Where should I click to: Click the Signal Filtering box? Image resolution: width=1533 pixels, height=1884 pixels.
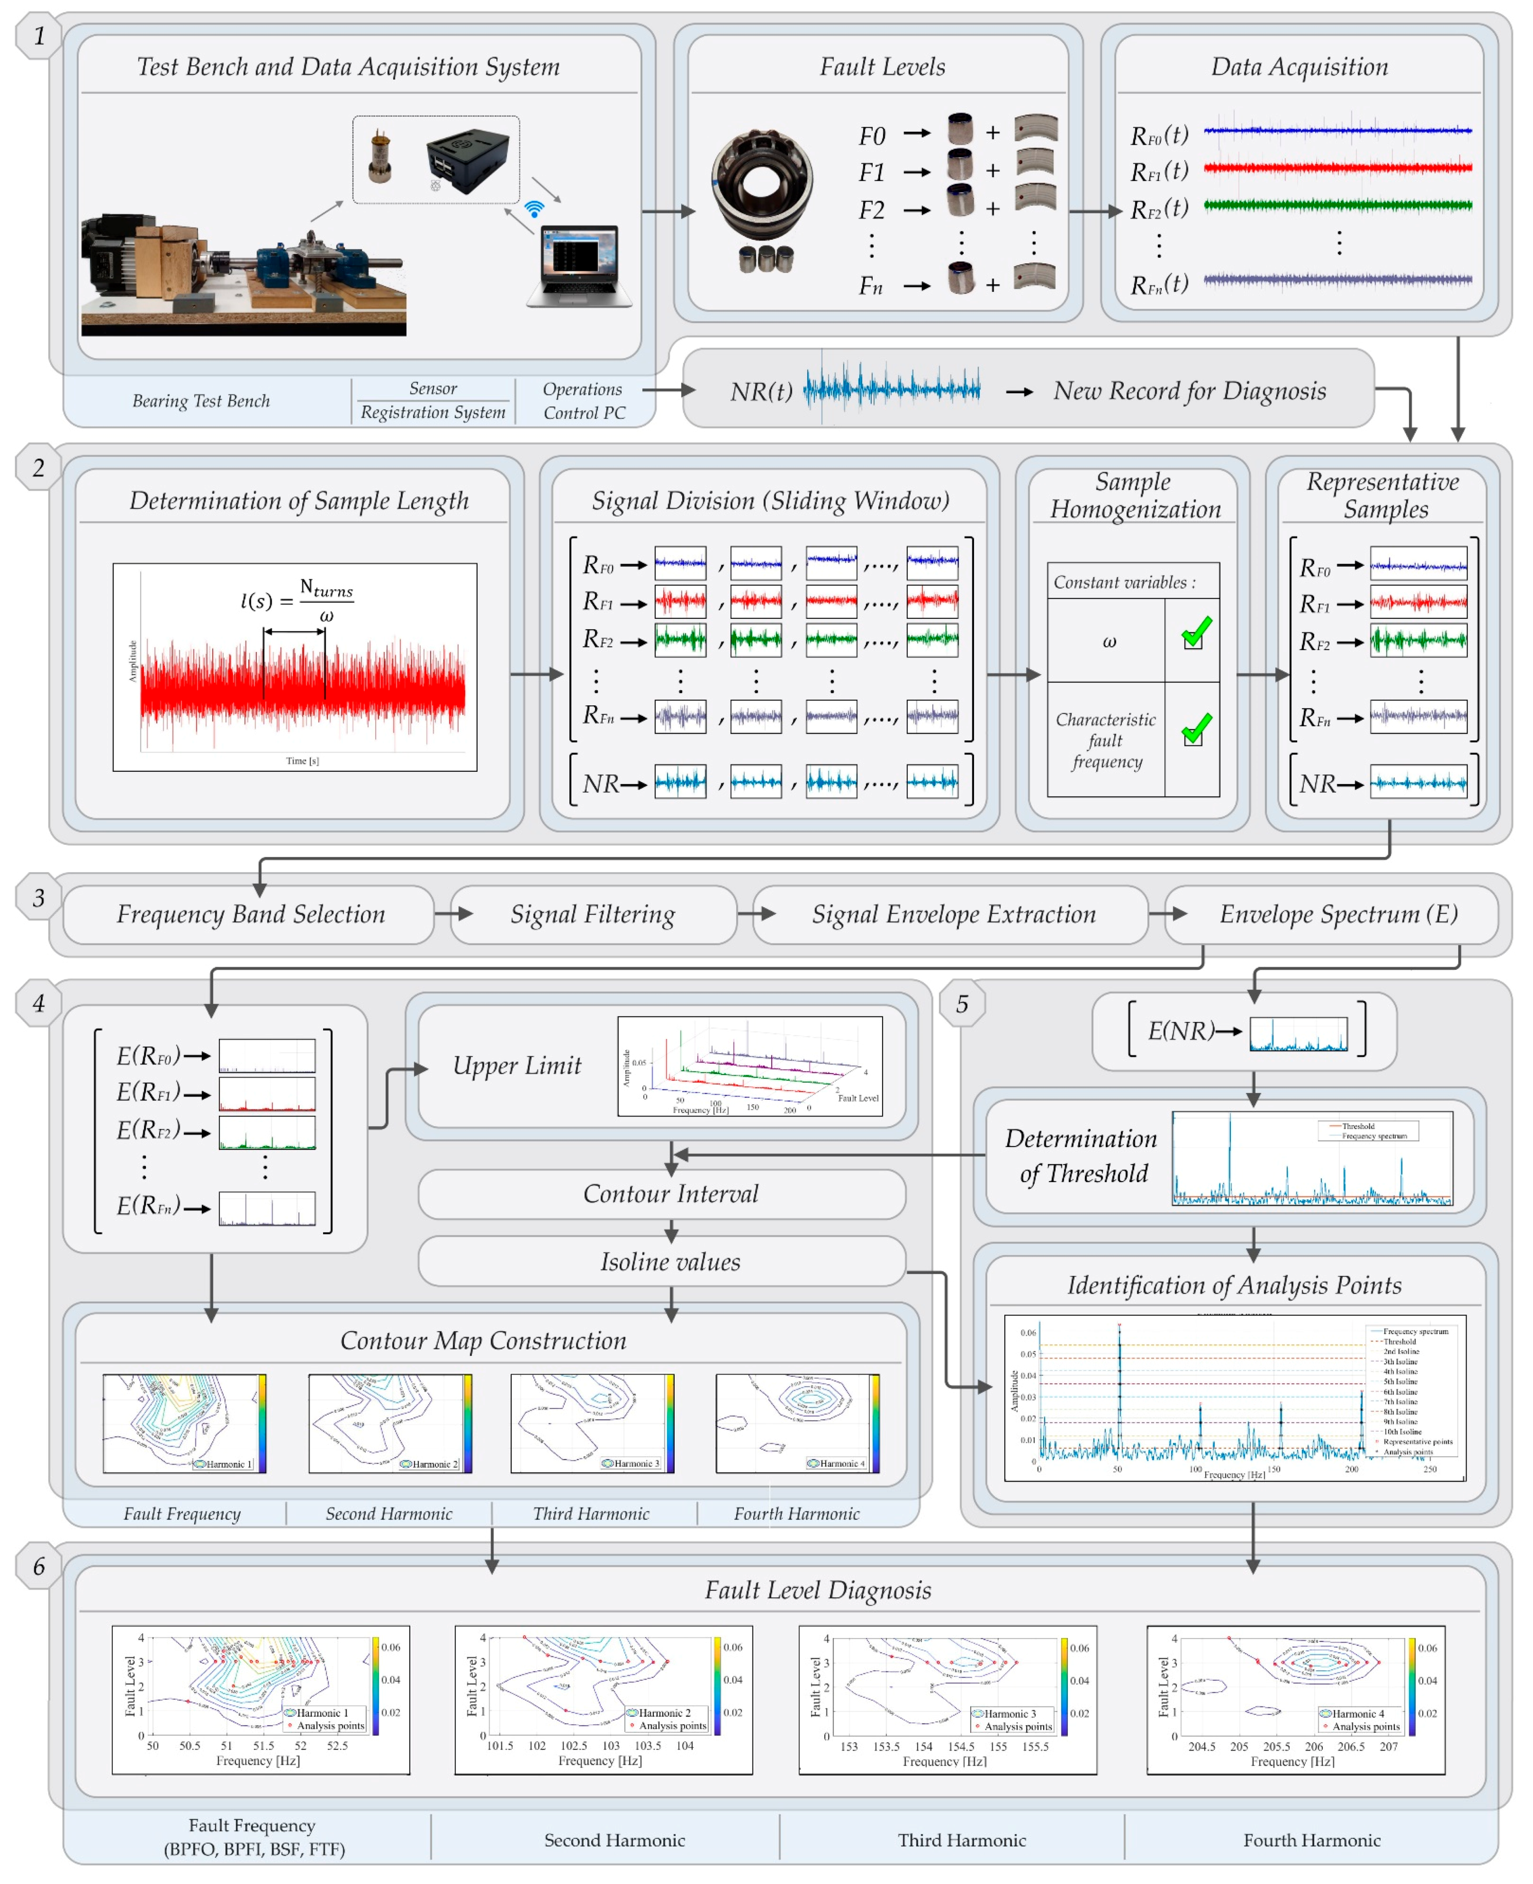click(x=592, y=914)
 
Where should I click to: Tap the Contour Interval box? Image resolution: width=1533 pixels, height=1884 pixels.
click(x=670, y=1194)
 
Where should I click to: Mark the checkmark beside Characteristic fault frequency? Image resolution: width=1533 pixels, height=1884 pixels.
click(x=1196, y=730)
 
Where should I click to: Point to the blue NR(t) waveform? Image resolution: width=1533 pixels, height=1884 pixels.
click(x=892, y=389)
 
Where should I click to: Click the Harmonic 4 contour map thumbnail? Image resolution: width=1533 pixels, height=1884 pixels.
click(x=796, y=1423)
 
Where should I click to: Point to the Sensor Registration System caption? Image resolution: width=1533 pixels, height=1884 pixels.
click(x=433, y=400)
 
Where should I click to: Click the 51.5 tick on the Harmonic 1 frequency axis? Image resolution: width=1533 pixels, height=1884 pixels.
click(x=263, y=1745)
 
